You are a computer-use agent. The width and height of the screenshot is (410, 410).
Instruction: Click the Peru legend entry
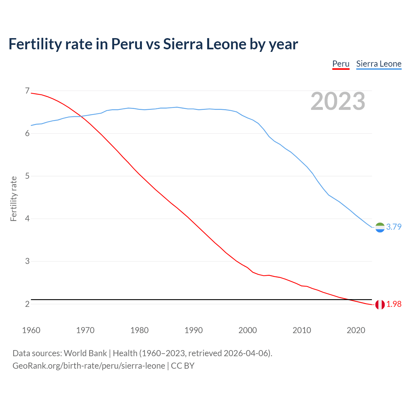click(x=340, y=64)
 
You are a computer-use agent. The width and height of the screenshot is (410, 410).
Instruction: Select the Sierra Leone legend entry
click(x=379, y=64)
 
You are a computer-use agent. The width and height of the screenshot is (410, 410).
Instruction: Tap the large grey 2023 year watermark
click(x=338, y=101)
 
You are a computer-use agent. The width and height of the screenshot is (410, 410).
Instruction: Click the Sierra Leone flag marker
click(x=380, y=227)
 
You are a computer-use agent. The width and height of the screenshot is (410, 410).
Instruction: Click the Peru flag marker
click(x=380, y=305)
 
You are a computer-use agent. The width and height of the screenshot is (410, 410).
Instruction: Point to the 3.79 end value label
click(x=394, y=227)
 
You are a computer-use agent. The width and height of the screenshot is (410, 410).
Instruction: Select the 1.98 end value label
click(x=394, y=304)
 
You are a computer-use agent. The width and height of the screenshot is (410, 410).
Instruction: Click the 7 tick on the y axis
click(x=27, y=91)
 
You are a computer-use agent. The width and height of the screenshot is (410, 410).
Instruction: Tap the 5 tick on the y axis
click(x=27, y=176)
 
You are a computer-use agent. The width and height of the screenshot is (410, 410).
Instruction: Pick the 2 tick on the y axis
click(x=27, y=304)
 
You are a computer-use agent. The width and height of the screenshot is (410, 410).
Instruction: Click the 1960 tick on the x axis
click(x=31, y=330)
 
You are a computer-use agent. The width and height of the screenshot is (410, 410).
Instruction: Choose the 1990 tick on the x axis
click(x=193, y=330)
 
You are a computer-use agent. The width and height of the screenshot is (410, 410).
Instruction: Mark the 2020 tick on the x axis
click(x=356, y=330)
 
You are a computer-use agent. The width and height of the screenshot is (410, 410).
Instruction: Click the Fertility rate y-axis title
click(x=13, y=199)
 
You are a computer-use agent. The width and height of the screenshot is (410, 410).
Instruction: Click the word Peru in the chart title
click(x=127, y=44)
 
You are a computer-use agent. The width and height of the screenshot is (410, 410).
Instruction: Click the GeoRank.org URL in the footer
click(x=89, y=365)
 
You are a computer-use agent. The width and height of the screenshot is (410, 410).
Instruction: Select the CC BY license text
click(x=183, y=365)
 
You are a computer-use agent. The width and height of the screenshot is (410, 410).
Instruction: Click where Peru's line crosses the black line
click(x=349, y=299)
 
